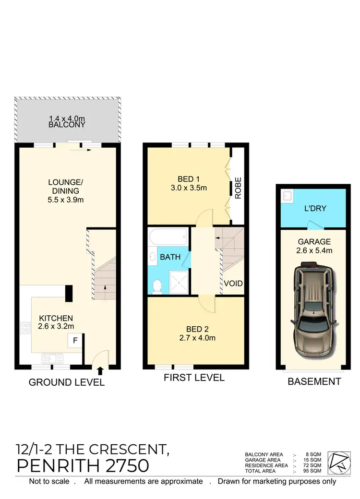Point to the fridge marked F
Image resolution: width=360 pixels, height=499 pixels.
pyautogui.click(x=75, y=341)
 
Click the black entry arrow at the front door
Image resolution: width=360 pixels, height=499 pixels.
pyautogui.click(x=100, y=370)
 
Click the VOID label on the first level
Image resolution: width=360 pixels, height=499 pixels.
pyautogui.click(x=233, y=284)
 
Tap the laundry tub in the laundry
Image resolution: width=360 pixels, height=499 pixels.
pyautogui.click(x=287, y=196)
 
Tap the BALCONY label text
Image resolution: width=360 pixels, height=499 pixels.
pyautogui.click(x=67, y=125)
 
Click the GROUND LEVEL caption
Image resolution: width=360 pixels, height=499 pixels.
pyautogui.click(x=67, y=382)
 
